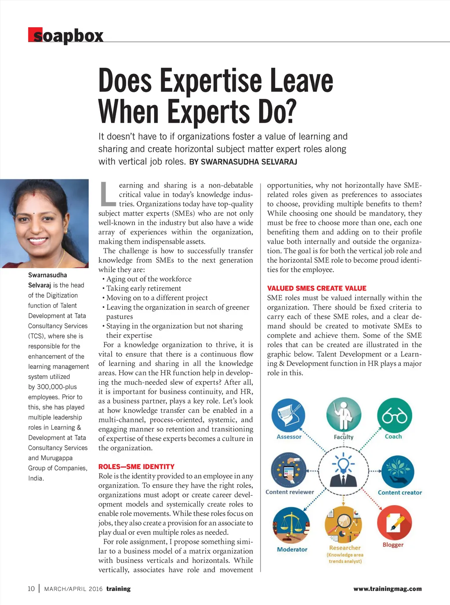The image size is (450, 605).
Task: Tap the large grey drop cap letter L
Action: pos(107,194)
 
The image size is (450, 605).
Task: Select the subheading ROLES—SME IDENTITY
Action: pos(136,467)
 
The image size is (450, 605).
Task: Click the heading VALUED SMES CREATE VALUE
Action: pos(316,288)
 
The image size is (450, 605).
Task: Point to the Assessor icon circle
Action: pos(288,415)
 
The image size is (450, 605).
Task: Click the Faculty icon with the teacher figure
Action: pos(343,415)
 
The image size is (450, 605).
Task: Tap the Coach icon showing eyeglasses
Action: pos(394,415)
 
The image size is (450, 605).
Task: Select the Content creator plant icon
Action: pos(398,471)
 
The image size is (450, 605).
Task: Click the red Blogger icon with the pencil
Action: pos(394,523)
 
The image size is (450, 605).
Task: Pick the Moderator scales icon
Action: pos(291,526)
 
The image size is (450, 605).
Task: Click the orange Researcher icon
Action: pos(343,525)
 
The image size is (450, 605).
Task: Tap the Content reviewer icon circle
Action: pos(288,470)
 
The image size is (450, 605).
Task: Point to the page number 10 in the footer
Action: pos(31,589)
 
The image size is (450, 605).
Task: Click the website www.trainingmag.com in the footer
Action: pos(387,589)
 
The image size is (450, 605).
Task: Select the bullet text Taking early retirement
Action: pos(143,288)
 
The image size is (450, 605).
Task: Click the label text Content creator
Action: pos(399,492)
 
